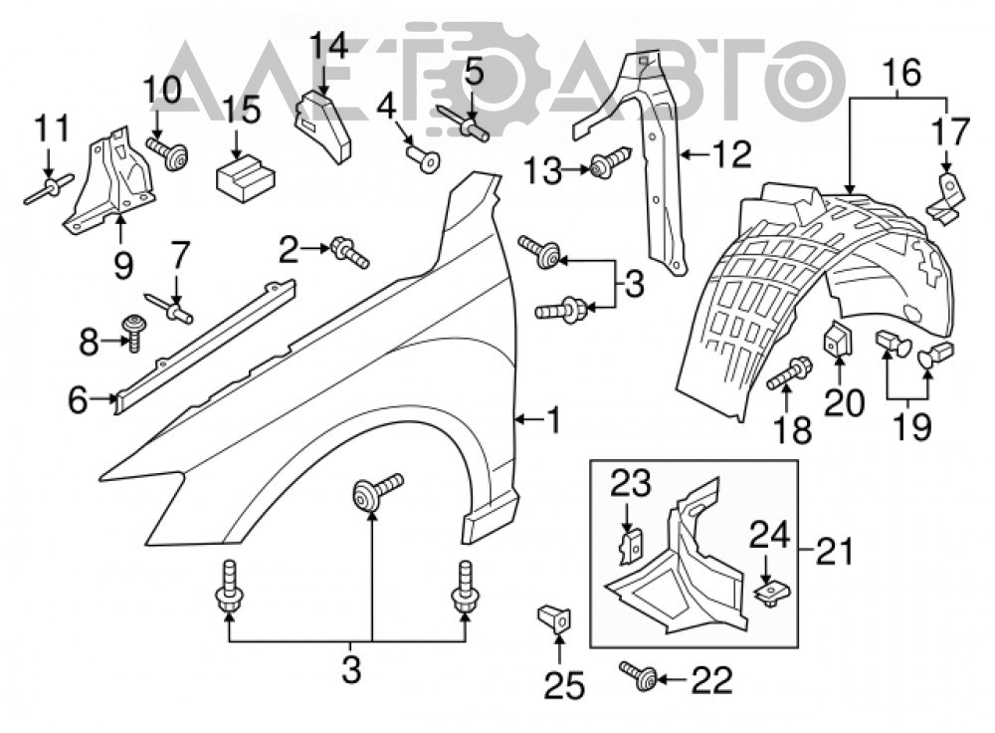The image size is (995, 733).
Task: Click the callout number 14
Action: (x=329, y=47)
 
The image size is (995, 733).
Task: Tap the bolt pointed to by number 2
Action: (x=349, y=253)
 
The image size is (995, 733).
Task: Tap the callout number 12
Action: (x=731, y=154)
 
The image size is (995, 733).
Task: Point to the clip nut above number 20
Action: (x=838, y=340)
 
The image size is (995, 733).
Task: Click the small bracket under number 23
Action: (x=631, y=548)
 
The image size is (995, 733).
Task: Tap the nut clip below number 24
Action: (x=769, y=594)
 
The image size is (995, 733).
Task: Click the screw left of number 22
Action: (x=639, y=675)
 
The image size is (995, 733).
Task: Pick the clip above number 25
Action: (x=554, y=618)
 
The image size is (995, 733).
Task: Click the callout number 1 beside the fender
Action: (x=553, y=420)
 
